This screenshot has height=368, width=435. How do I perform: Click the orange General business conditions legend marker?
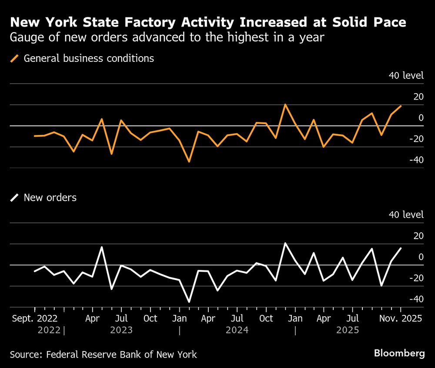[15, 58]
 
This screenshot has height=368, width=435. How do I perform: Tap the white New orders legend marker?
[15, 198]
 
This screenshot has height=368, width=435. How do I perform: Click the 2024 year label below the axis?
[237, 330]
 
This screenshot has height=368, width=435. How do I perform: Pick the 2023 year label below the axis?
[121, 330]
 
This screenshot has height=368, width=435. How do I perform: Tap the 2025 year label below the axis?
[348, 330]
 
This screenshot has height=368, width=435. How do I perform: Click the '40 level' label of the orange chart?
[406, 75]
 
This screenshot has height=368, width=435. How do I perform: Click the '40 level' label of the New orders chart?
[406, 215]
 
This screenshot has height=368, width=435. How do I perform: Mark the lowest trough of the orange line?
[189, 162]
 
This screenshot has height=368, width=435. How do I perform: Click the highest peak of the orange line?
[285, 105]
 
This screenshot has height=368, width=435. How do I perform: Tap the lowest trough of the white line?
[189, 301]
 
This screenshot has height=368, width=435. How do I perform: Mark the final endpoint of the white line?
[401, 248]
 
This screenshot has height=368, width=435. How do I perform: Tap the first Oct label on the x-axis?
[150, 318]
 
